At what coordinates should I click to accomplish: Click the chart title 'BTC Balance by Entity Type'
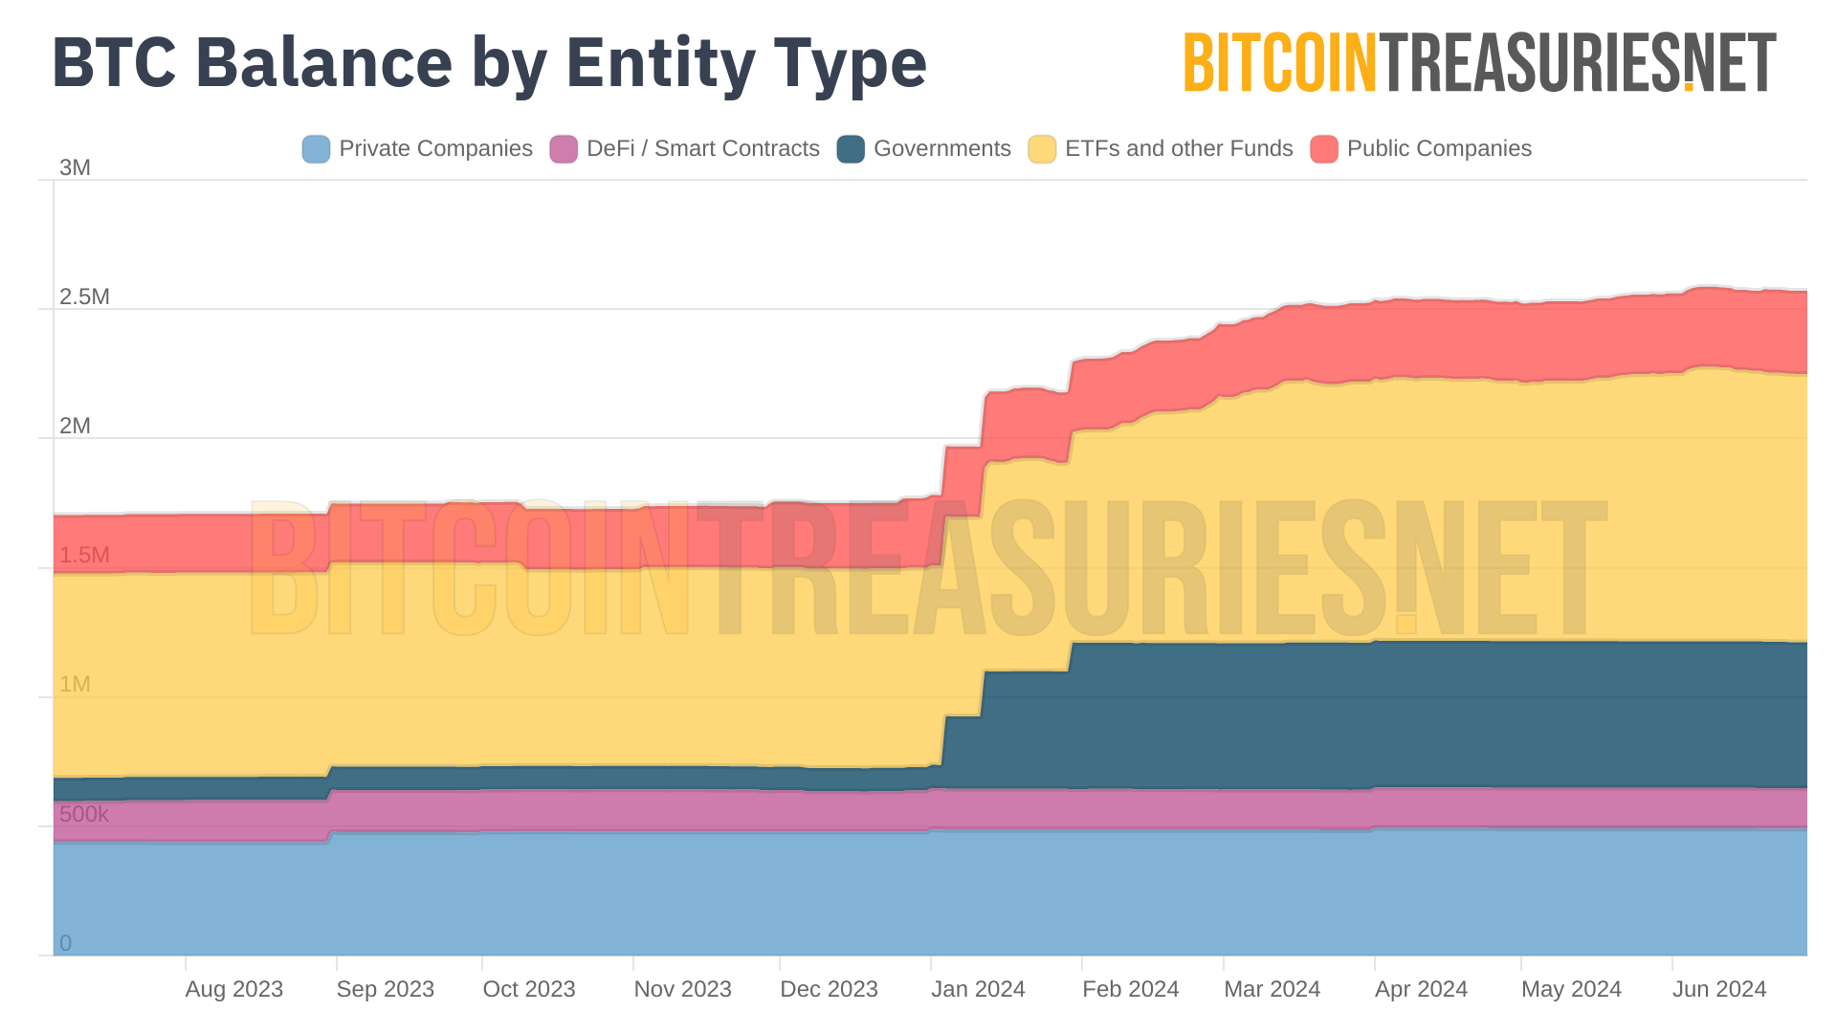[x=489, y=63]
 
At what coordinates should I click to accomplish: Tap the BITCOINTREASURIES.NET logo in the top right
[x=1479, y=63]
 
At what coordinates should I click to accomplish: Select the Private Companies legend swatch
[x=316, y=149]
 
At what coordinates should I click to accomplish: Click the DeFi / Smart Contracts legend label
[x=702, y=149]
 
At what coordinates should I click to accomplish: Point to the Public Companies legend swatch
[x=1324, y=149]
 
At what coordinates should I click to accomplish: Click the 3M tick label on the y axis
[x=75, y=167]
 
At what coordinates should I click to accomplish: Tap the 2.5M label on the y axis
[x=84, y=297]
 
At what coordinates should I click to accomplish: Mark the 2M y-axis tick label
[x=75, y=426]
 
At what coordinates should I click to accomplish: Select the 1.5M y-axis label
[x=84, y=555]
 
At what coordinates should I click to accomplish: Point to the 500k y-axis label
[x=84, y=814]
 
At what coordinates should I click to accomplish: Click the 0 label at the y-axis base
[x=65, y=943]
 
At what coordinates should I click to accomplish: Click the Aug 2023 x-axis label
[x=234, y=989]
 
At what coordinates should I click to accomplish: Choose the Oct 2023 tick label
[x=529, y=989]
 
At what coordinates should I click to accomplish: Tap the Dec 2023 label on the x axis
[x=829, y=989]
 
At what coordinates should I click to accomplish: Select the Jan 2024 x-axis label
[x=978, y=989]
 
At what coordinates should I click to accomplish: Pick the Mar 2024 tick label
[x=1272, y=989]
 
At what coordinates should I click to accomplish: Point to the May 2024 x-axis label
[x=1571, y=989]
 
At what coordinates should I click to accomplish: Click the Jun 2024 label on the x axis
[x=1719, y=989]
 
